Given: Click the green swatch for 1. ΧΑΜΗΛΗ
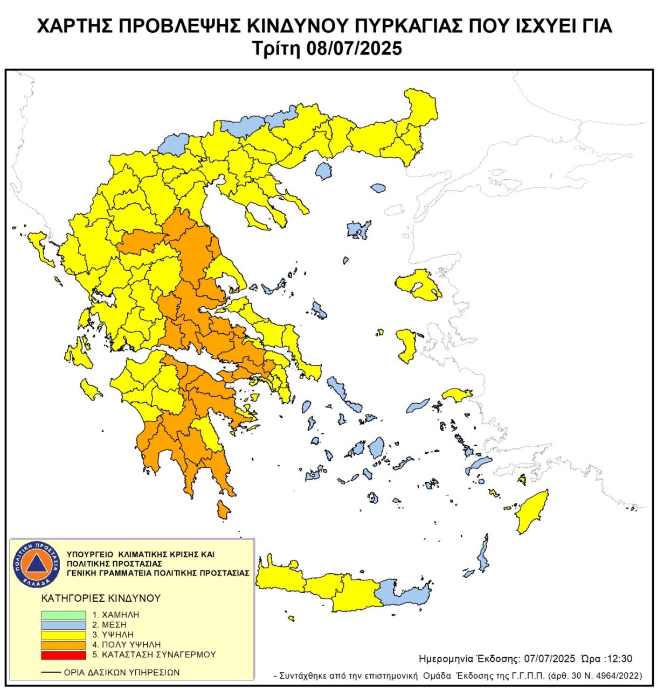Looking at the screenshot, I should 63,615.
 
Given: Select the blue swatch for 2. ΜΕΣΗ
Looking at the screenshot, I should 63,625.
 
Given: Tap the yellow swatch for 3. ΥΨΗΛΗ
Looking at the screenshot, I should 63,635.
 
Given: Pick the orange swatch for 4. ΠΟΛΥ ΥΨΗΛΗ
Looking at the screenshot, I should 63,645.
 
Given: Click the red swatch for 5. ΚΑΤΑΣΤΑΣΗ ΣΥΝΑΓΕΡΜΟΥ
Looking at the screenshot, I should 63,655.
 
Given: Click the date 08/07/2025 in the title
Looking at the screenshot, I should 354,48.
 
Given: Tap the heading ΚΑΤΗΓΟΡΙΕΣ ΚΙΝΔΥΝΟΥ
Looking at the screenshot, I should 101,598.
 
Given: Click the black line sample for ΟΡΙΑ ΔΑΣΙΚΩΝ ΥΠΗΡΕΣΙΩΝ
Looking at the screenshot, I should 51,672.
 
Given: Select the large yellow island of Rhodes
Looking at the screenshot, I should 530,514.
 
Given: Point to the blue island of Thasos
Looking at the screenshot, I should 323,171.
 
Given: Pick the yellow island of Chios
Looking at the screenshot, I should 406,344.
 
